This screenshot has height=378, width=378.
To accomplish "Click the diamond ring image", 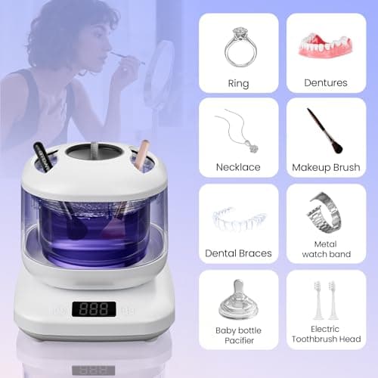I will click(x=239, y=47).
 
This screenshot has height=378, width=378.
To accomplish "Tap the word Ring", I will click(x=238, y=84).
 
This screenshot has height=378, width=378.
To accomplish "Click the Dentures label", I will click(x=326, y=84).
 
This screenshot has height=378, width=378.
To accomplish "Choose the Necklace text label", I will click(x=238, y=168).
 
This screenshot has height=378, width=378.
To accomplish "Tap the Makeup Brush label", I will click(x=326, y=168).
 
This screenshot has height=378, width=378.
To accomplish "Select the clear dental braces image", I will click(x=238, y=219).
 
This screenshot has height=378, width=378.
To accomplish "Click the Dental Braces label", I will click(x=238, y=253).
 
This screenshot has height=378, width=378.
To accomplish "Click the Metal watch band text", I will click(x=326, y=249).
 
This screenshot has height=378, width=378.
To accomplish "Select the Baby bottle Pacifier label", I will click(x=238, y=333).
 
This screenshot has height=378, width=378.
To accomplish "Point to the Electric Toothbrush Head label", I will click(x=326, y=333).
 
